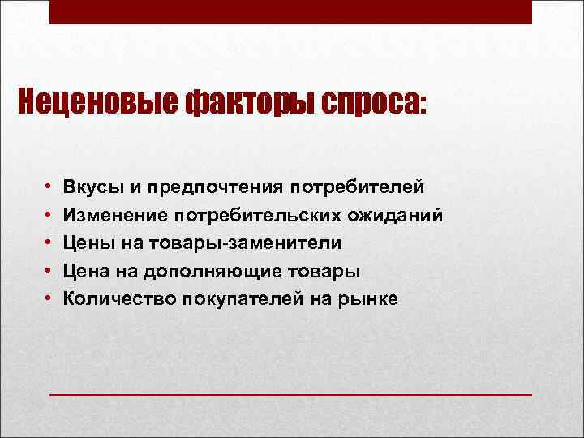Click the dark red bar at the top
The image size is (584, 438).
click(291, 12)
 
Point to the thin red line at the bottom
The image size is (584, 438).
click(291, 394)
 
